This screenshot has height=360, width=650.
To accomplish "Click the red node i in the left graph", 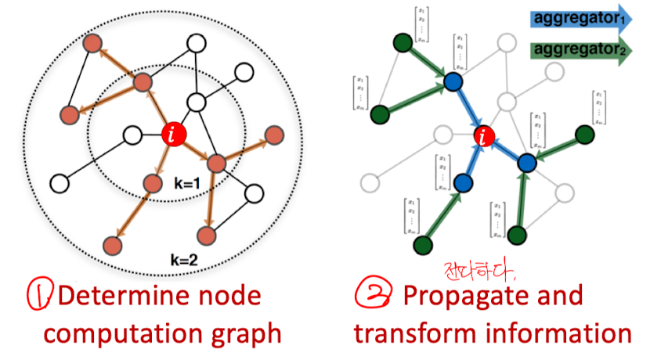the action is [x=174, y=135].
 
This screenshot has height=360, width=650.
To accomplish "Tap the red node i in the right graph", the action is [x=485, y=139].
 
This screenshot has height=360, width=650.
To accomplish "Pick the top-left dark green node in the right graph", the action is [x=404, y=42].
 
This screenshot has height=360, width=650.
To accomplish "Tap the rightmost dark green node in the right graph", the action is [x=583, y=135].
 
